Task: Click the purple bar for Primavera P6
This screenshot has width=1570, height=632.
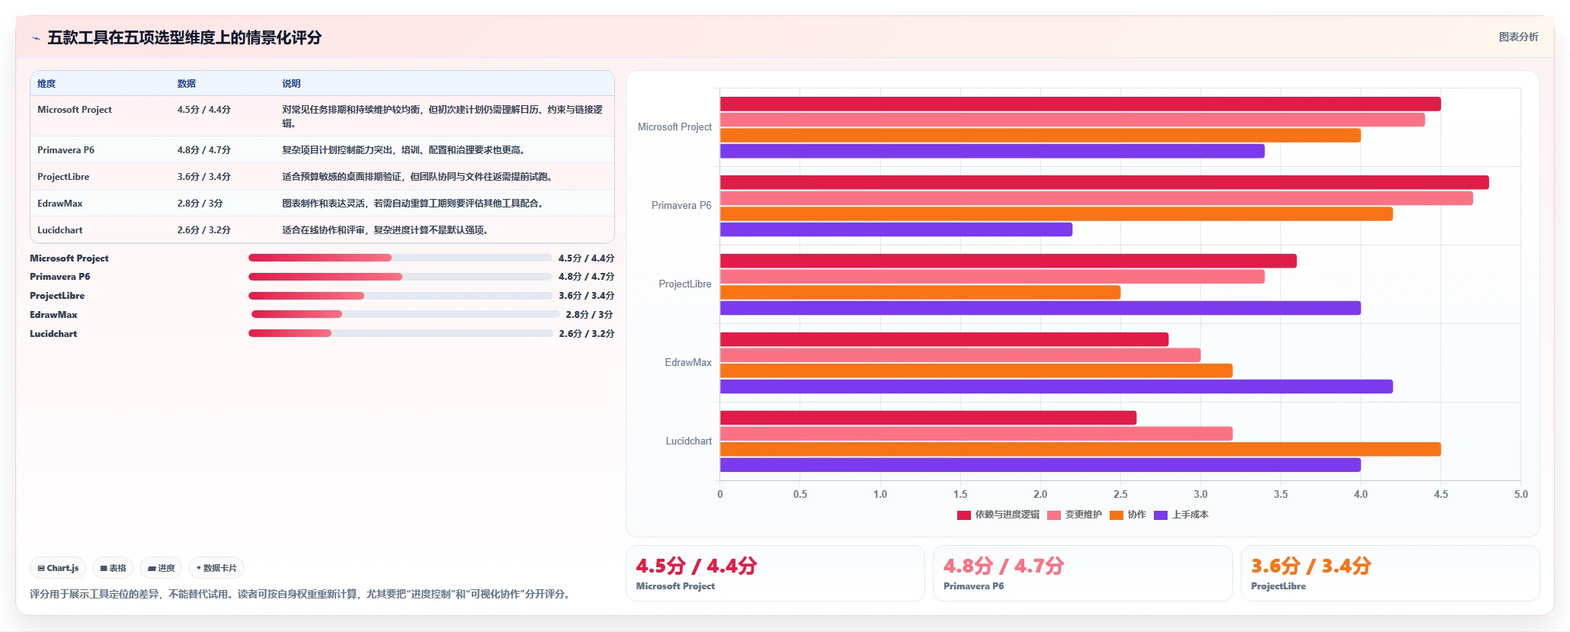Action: [896, 229]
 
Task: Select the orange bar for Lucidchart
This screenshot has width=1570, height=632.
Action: [1081, 449]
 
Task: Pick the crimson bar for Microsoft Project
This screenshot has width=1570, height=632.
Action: [1081, 104]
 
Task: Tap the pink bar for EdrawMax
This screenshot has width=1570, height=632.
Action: [960, 355]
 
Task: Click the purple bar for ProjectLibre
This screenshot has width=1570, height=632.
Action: [1040, 308]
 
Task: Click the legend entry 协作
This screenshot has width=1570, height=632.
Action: [1128, 515]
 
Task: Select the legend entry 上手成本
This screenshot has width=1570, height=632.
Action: [1181, 515]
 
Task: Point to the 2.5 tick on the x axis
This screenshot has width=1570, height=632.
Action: [1120, 494]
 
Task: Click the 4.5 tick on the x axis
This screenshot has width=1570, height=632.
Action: [1440, 494]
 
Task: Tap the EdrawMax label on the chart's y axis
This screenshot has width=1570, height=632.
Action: [688, 363]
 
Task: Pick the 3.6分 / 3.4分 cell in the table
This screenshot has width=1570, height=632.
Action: [203, 177]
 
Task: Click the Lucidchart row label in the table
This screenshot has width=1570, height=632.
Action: [59, 230]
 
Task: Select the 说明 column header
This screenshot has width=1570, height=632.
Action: [291, 84]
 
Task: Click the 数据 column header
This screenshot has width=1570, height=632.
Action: [187, 84]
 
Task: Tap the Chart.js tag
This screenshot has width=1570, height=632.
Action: [58, 568]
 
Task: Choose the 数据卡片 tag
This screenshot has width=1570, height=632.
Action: [216, 568]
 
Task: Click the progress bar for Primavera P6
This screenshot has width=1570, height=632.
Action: [400, 277]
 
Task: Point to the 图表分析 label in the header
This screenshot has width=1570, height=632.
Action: [1518, 37]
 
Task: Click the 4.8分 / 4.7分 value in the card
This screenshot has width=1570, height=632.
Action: [1004, 566]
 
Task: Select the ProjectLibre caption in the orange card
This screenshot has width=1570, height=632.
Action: [1278, 586]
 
